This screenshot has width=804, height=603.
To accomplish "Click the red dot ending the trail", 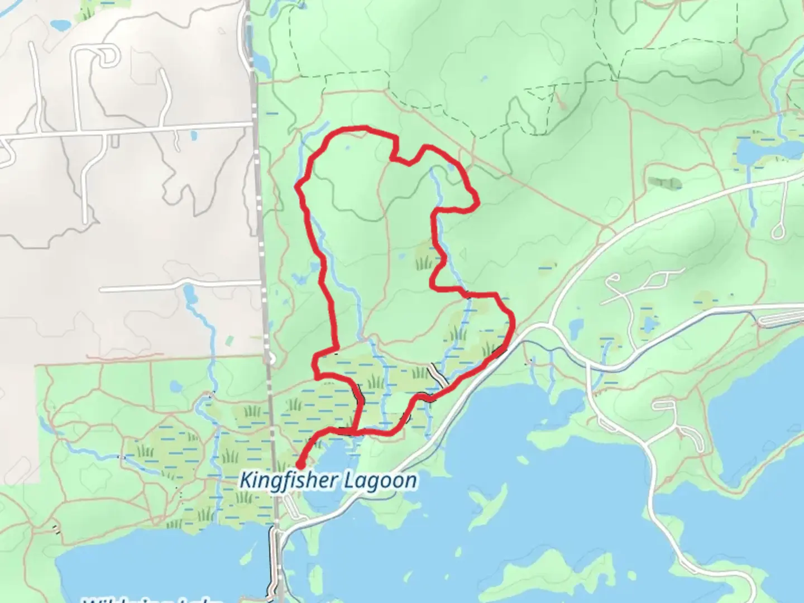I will (x=300, y=464).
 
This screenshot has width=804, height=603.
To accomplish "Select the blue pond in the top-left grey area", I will (x=60, y=25).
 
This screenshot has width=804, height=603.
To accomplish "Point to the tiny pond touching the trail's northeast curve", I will (x=451, y=167).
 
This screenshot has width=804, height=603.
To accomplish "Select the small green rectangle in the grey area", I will (x=229, y=339).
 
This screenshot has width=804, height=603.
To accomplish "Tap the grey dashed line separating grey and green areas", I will (x=260, y=223).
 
